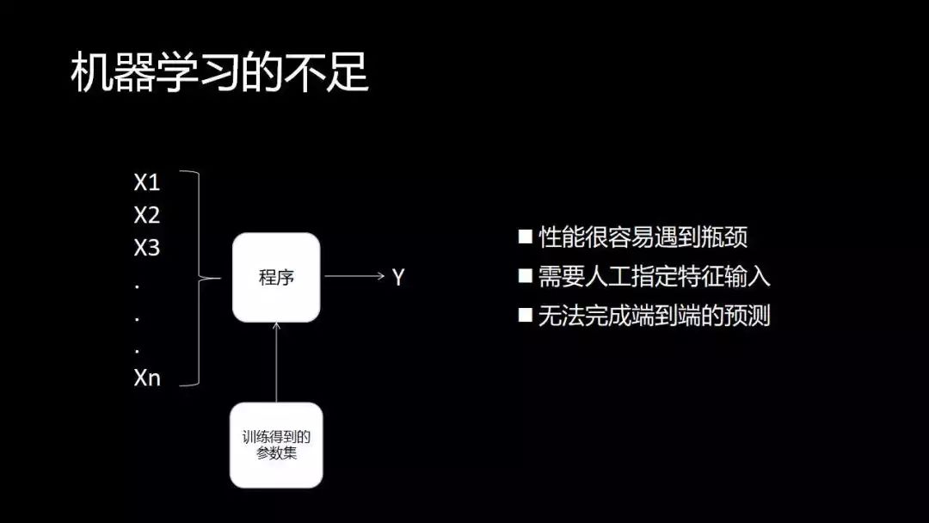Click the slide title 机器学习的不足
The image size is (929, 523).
(218, 74)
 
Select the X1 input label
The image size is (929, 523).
(147, 182)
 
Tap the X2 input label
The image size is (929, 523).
(147, 215)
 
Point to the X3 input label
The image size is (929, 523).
(147, 249)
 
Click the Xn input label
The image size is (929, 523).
(147, 378)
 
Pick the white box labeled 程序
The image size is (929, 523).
(276, 278)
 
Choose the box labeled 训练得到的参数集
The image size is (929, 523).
(276, 445)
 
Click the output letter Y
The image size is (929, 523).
(398, 278)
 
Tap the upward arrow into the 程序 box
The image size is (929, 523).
(276, 361)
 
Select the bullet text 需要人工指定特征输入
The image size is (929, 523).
(655, 277)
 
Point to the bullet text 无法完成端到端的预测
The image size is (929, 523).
(655, 316)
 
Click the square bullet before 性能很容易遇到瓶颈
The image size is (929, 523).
(525, 237)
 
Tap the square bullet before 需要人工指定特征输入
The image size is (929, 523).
(525, 276)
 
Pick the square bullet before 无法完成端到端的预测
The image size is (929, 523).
(525, 315)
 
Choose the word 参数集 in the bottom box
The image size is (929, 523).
(276, 453)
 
